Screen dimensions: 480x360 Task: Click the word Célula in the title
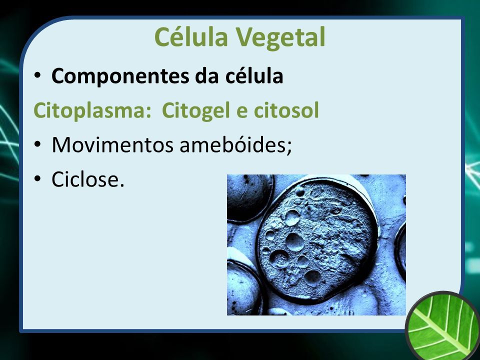[x=191, y=36]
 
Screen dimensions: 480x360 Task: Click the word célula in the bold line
[x=254, y=75]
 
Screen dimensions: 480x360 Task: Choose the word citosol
[x=286, y=110]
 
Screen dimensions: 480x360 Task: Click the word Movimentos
[x=112, y=145]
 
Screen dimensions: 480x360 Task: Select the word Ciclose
[x=85, y=179]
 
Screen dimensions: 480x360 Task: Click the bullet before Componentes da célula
[x=37, y=75]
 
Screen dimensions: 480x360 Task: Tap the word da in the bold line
[x=207, y=75]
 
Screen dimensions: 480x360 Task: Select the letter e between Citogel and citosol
[x=242, y=112]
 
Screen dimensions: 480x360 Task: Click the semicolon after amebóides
[x=289, y=148]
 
